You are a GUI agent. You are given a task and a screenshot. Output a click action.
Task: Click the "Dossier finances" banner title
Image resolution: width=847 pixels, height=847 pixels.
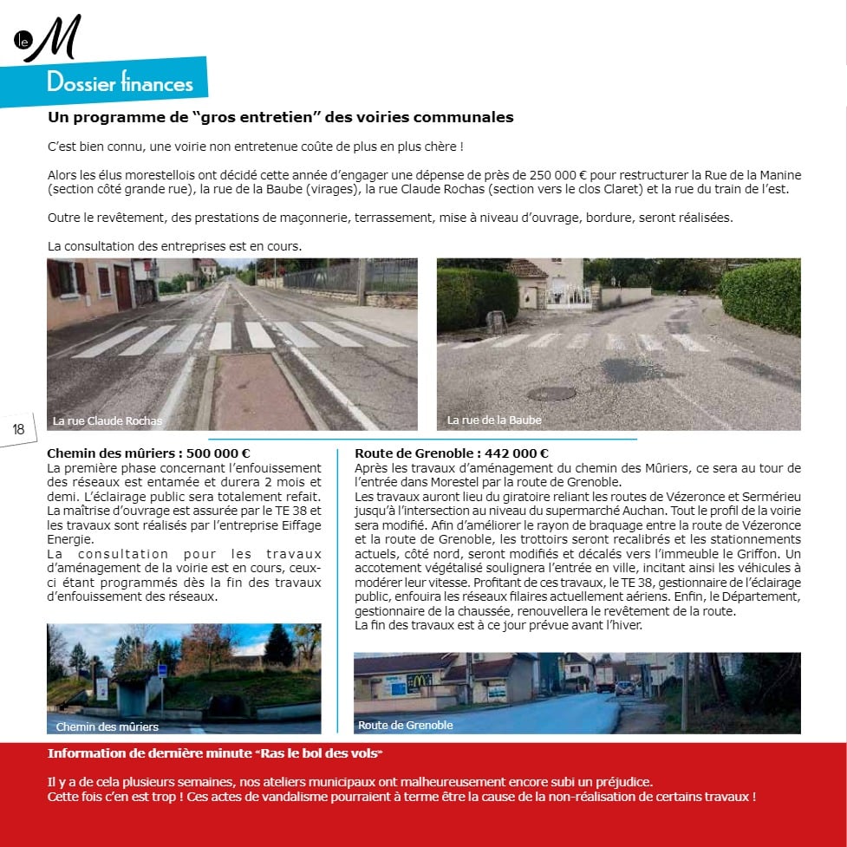tap(120, 83)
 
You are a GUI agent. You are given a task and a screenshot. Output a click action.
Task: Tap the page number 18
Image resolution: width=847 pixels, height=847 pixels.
tap(17, 429)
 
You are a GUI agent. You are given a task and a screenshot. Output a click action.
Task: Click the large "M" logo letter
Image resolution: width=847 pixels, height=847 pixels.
tap(54, 39)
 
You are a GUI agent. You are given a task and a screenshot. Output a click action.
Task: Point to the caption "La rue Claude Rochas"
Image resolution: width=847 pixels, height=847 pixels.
tap(107, 421)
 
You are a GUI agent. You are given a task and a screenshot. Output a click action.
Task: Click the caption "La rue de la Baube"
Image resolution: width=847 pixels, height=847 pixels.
tap(494, 420)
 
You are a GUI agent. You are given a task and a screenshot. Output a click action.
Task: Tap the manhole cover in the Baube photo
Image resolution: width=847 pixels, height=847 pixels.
tap(551, 394)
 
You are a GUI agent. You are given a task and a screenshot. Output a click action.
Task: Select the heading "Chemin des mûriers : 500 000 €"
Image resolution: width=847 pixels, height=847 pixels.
tap(148, 453)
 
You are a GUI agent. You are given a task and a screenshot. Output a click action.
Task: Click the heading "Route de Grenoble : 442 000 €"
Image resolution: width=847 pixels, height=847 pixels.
tap(452, 453)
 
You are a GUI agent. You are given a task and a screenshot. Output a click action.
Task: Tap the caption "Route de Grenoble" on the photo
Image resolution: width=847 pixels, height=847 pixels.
tap(405, 725)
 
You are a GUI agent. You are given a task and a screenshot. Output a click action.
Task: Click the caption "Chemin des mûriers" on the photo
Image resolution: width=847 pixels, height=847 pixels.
tap(108, 726)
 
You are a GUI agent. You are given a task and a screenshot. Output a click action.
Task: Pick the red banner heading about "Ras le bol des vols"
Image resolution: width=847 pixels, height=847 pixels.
tap(215, 753)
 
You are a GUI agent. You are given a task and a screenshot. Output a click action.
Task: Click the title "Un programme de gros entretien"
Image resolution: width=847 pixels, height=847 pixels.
tap(281, 117)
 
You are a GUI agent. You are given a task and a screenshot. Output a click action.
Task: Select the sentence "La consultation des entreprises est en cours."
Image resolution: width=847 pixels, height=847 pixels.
tap(175, 246)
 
